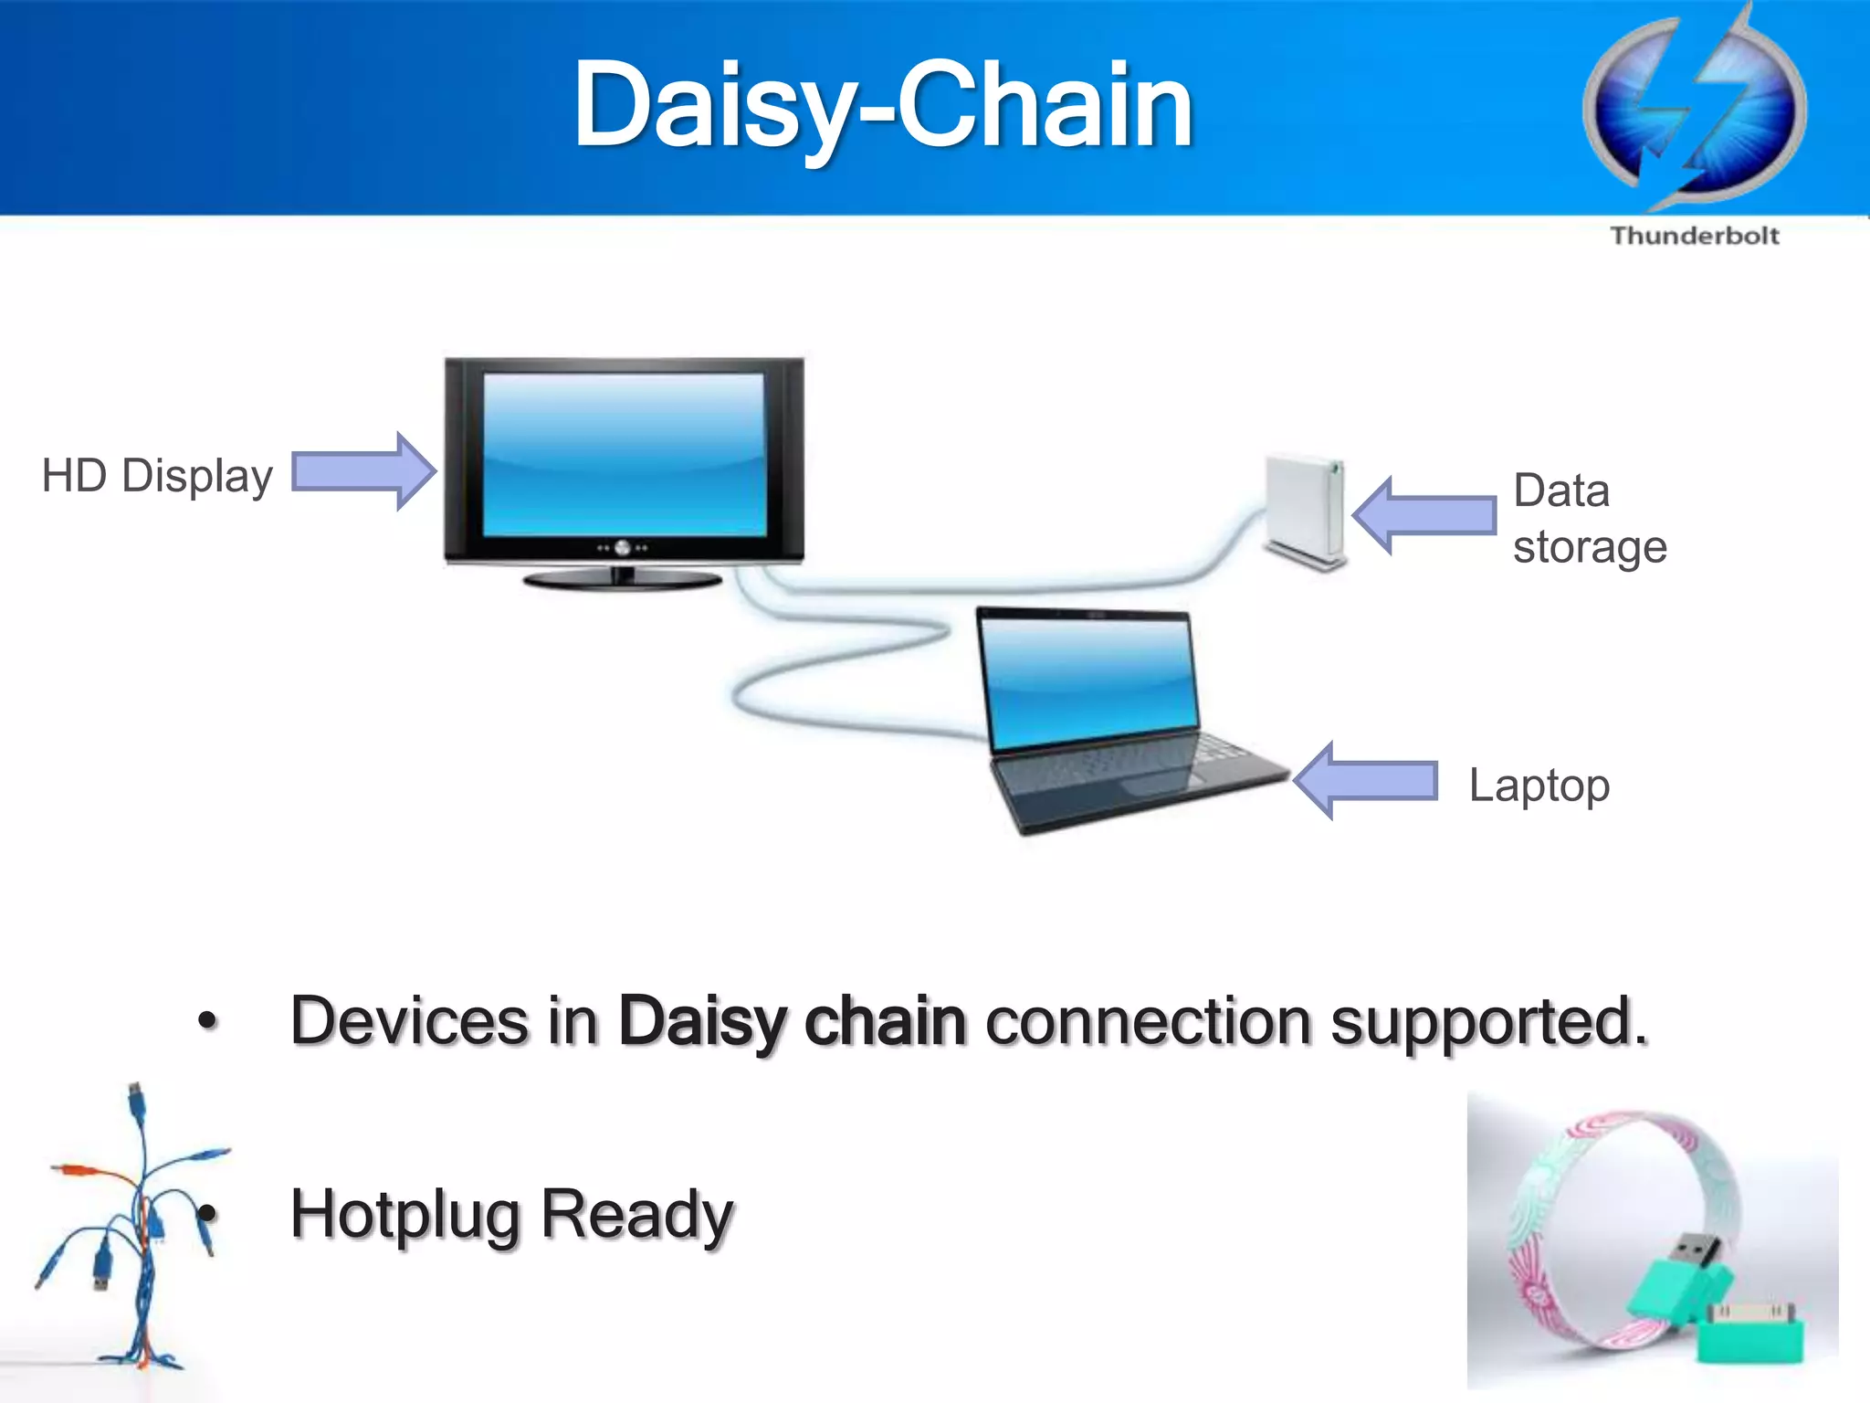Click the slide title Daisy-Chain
(882, 105)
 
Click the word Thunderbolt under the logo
(1695, 236)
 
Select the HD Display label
(157, 476)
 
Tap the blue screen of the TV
(624, 454)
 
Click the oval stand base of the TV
(623, 580)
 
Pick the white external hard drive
(1304, 512)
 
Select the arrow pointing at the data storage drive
(1424, 515)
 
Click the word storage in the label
(1590, 547)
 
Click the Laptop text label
(1539, 785)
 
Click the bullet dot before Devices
(208, 1020)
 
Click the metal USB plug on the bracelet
(1697, 1248)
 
